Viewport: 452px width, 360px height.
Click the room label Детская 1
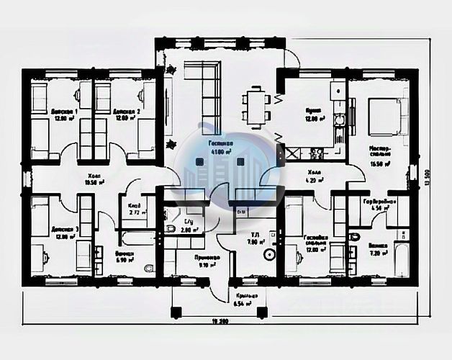[64, 112]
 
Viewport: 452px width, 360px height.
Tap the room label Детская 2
[126, 112]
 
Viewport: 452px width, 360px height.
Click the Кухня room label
[312, 112]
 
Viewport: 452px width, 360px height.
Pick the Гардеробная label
[379, 202]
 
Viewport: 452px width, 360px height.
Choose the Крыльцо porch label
[243, 296]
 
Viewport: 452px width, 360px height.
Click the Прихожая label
[187, 256]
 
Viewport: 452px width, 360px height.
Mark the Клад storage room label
[134, 206]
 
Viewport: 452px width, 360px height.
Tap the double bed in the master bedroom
[383, 115]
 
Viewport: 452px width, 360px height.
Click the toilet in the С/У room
[170, 228]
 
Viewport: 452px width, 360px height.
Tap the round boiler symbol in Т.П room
[268, 253]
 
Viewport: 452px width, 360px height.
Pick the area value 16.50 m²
[379, 165]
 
